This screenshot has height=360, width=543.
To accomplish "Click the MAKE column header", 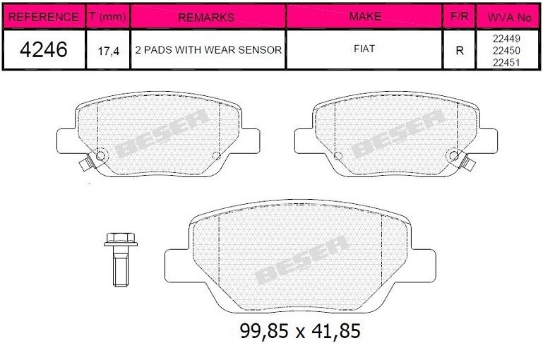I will point(365,16).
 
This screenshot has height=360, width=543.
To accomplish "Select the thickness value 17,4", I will point(107,51).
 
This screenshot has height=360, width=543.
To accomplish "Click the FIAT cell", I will point(365,50).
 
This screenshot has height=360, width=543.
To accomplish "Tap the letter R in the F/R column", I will point(460,51).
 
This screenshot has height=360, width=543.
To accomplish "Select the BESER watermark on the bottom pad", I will point(302,258).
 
